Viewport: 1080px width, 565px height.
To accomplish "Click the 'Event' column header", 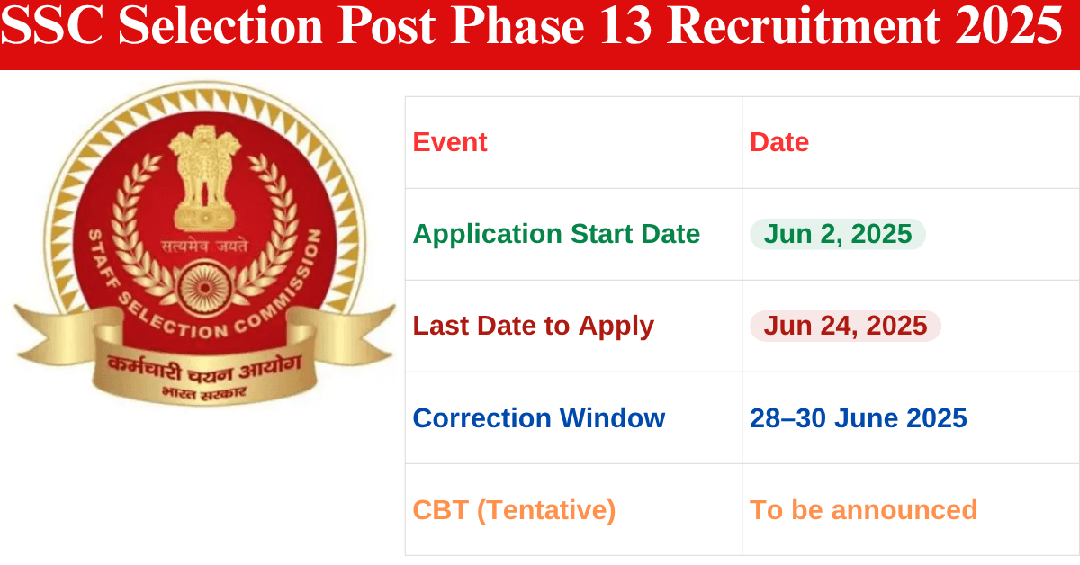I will [x=450, y=142].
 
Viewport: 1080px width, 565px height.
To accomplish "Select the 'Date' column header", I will [x=779, y=142].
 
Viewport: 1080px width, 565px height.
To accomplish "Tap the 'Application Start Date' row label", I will [x=556, y=234].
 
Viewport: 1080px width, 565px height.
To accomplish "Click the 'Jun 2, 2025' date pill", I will [x=838, y=234].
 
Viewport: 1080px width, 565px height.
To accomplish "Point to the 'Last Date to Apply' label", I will [x=534, y=326].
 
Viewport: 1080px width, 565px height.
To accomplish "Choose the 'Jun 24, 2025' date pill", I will [x=845, y=326].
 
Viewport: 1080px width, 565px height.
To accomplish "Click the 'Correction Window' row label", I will [x=539, y=418].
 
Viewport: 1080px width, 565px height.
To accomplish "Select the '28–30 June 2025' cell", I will [x=859, y=418].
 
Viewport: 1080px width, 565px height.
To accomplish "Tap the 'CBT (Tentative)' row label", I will [x=514, y=510].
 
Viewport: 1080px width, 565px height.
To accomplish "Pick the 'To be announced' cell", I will [x=863, y=510].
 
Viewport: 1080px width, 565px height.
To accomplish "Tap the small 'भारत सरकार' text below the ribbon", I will [x=204, y=393].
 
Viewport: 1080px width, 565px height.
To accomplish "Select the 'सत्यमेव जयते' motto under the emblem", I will [x=205, y=244].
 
